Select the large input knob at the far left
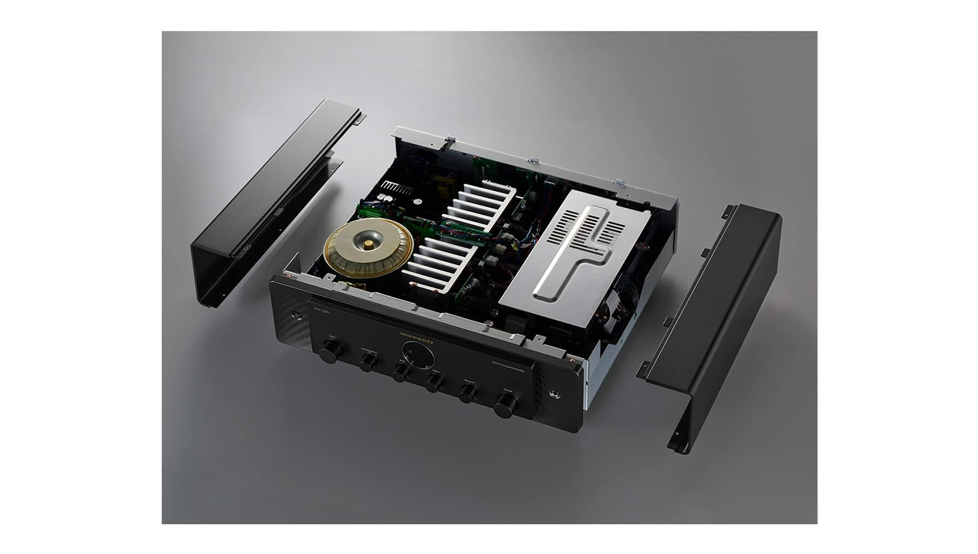(x=331, y=352)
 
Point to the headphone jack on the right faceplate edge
(x=554, y=394)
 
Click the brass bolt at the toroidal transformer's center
(x=369, y=245)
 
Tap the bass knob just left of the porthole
(x=400, y=373)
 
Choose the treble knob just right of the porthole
(x=434, y=383)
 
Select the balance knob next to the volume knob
(x=467, y=394)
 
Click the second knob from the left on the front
(x=368, y=362)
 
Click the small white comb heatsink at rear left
(x=396, y=188)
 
